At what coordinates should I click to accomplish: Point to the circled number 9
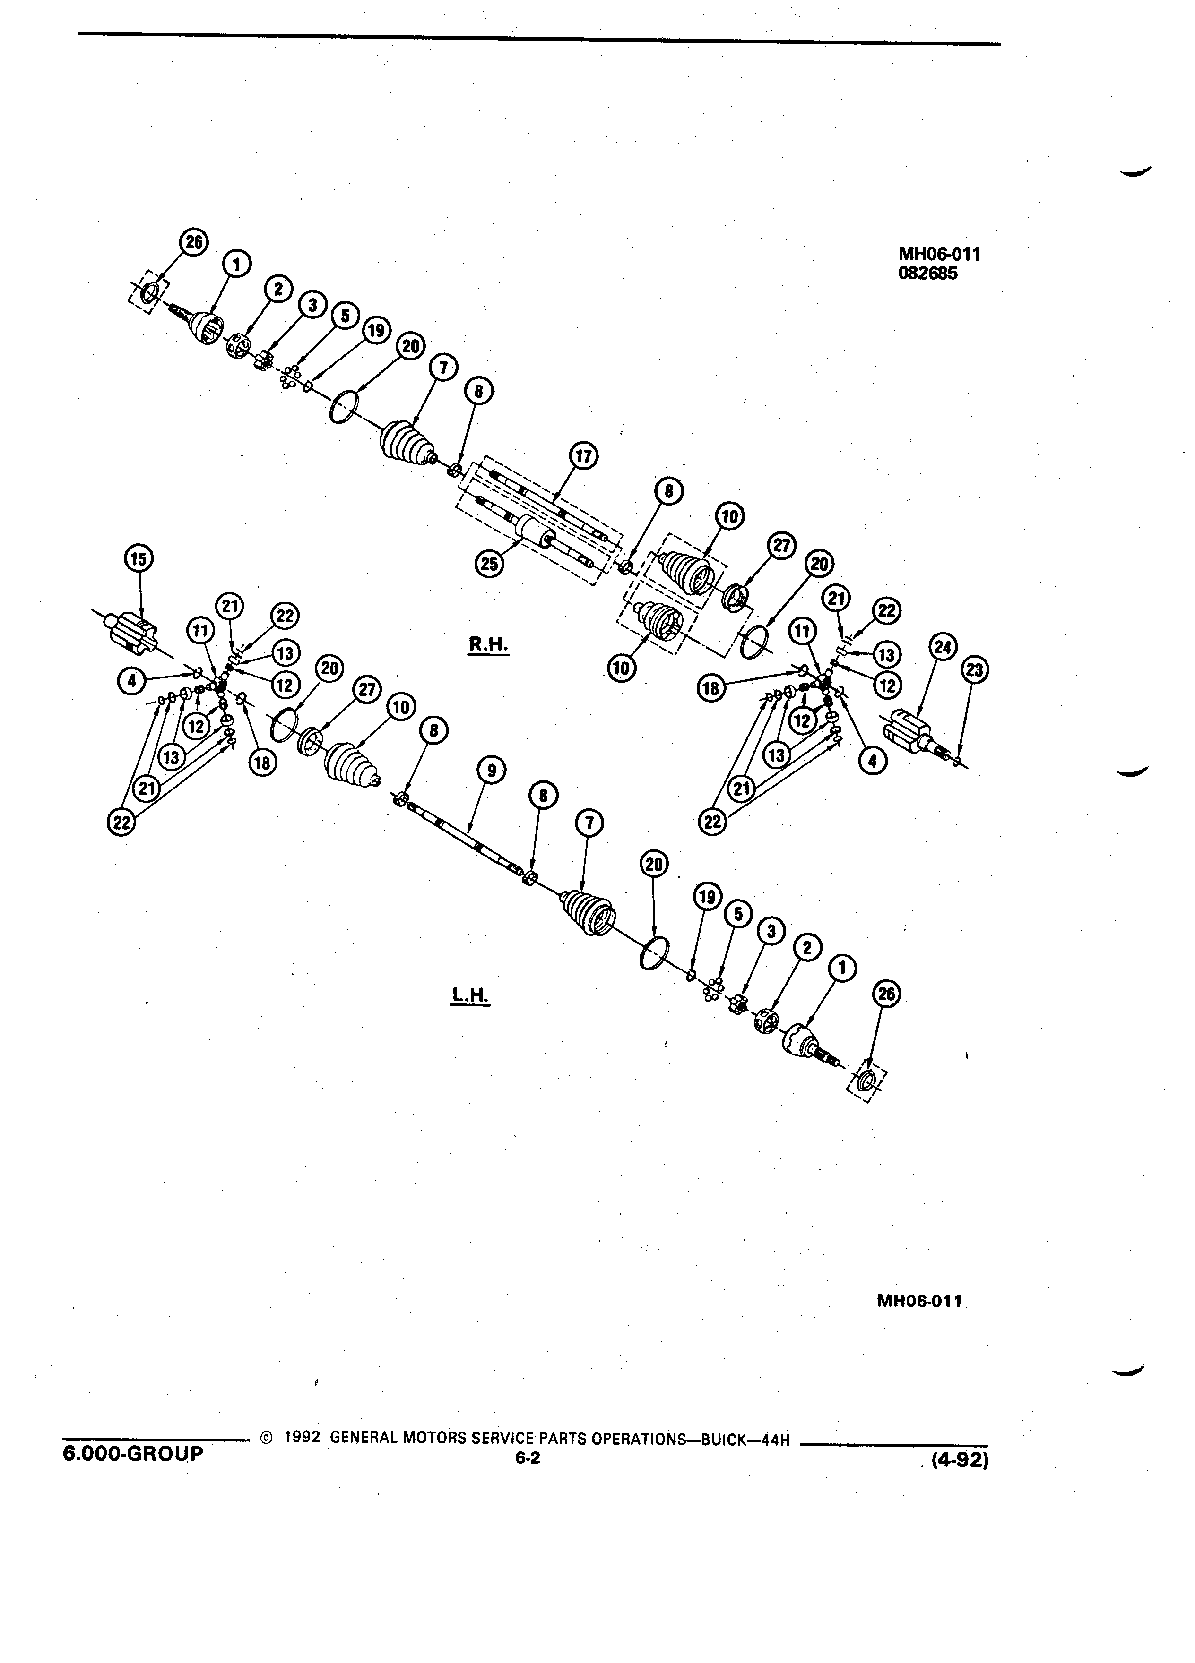(x=490, y=771)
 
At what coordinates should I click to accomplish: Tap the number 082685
(x=928, y=274)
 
